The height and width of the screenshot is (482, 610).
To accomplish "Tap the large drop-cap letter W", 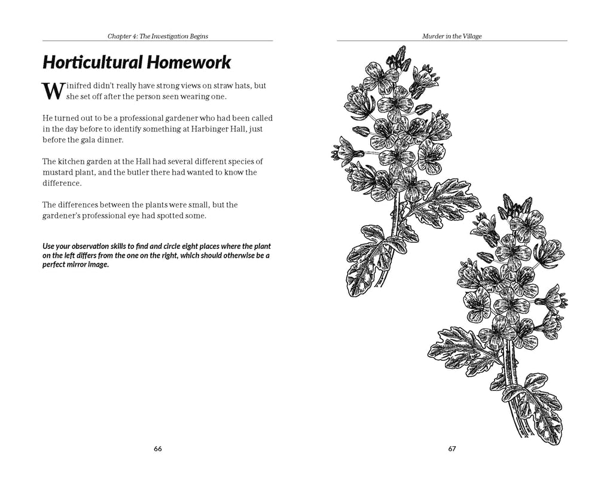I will [51, 90].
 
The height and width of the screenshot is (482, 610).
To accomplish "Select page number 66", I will [158, 449].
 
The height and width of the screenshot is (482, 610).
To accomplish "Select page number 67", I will [452, 449].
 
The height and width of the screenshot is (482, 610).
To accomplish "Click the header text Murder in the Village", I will [452, 36].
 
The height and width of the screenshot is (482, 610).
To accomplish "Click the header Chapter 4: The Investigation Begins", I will [158, 36].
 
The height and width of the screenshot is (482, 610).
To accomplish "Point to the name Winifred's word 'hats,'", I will [242, 86].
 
